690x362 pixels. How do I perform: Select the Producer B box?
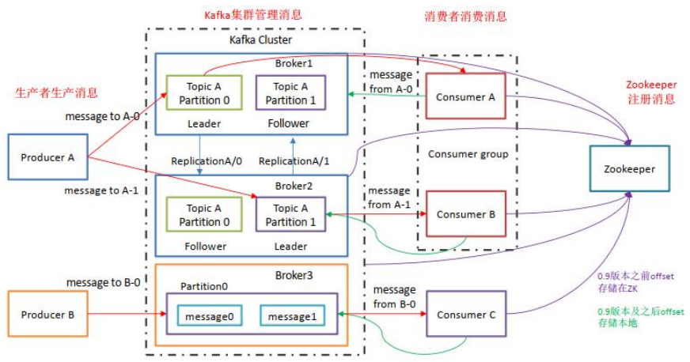click(x=48, y=314)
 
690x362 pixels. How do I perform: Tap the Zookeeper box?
click(x=629, y=168)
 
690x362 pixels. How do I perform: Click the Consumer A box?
click(x=465, y=96)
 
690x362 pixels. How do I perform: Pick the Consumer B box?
click(x=465, y=214)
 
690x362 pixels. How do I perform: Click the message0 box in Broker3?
click(x=210, y=316)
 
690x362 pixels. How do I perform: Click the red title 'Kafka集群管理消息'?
click(x=253, y=14)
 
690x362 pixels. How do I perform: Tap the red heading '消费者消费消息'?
click(x=466, y=16)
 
